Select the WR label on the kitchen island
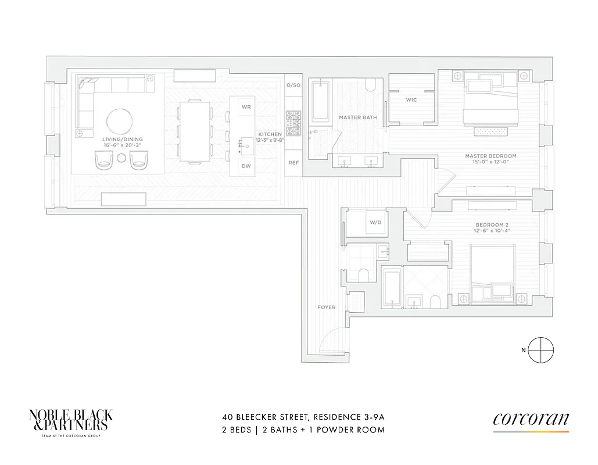[x=246, y=108]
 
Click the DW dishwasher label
[x=246, y=166]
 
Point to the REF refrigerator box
[x=293, y=163]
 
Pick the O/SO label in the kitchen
[x=293, y=85]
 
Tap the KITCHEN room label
[x=270, y=135]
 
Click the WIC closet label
[x=411, y=100]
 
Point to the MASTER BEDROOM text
[x=490, y=156]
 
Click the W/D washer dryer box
[x=375, y=223]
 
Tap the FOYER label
[x=326, y=307]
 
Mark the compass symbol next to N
[x=541, y=349]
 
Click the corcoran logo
[x=531, y=420]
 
